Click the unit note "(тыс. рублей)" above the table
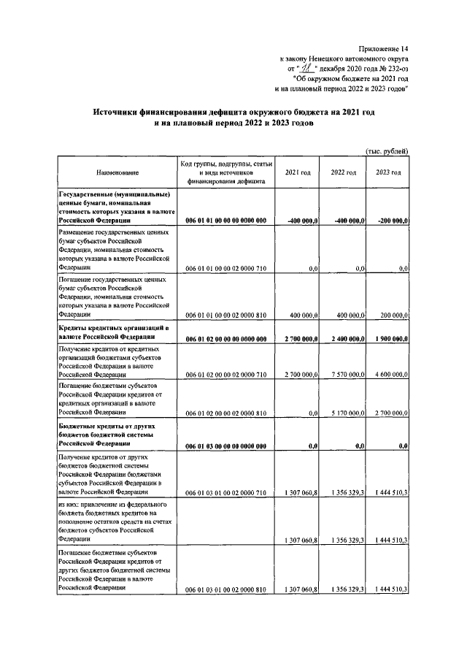point(386,151)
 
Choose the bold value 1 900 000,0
point(390,339)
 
